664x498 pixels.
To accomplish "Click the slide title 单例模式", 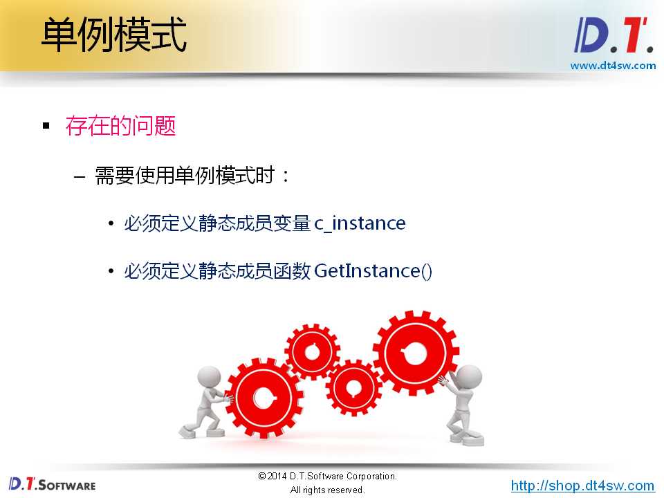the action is (114, 35).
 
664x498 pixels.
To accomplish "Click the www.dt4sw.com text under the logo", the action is (613, 66).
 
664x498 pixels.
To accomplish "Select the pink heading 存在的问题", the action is (120, 126).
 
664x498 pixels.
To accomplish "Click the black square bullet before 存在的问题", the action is (46, 126).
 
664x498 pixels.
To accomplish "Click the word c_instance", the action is (360, 223).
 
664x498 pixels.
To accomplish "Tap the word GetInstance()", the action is (373, 271).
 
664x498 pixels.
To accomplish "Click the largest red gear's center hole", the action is (414, 353).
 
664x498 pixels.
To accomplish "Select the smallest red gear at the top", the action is (313, 351).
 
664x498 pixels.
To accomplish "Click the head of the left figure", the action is (209, 377).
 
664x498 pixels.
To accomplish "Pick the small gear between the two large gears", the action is (353, 387).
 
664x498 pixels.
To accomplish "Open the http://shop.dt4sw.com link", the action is (582, 486).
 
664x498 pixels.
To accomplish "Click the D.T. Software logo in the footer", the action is (52, 483).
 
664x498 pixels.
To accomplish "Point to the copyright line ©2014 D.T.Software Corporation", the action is (327, 476).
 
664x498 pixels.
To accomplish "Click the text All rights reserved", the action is (327, 490).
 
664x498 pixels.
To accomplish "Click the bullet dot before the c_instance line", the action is (111, 223).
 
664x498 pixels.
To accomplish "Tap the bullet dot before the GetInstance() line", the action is (111, 271).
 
